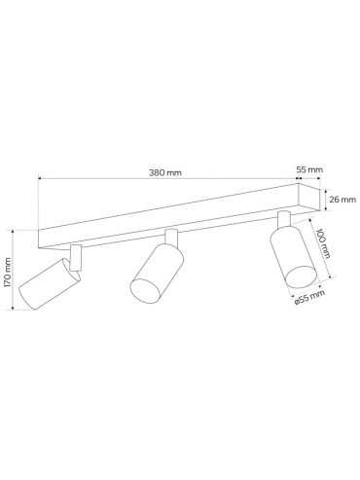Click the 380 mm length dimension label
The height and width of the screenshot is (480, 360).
pyautogui.click(x=165, y=172)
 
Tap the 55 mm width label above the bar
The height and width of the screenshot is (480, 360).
pyautogui.click(x=309, y=169)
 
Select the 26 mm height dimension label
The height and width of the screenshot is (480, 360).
pyautogui.click(x=342, y=200)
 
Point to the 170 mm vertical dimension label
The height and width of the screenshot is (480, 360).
pyautogui.click(x=8, y=272)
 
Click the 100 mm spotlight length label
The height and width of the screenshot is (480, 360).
pyautogui.click(x=323, y=243)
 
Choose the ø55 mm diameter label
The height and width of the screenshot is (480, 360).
pyautogui.click(x=309, y=298)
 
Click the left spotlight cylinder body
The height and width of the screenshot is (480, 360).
pyautogui.click(x=49, y=283)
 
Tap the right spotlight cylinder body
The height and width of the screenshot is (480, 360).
pyautogui.click(x=294, y=257)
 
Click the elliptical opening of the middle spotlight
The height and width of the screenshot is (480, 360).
pyautogui.click(x=145, y=291)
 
